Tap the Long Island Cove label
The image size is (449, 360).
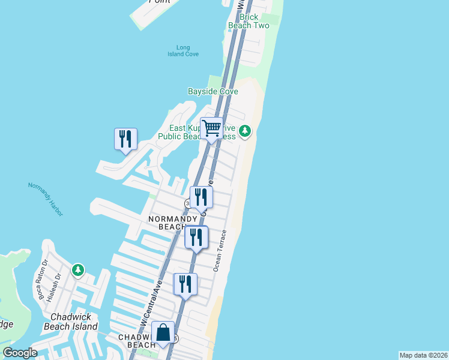pos(183,51)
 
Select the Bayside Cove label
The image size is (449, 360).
pos(213,91)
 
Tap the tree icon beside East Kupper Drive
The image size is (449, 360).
pos(245,130)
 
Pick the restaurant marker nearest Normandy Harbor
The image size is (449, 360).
pos(125,139)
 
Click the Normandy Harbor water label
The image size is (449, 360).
pos(45,199)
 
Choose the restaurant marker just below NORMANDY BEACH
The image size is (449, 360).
pos(196,238)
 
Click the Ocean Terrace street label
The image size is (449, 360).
pos(220,251)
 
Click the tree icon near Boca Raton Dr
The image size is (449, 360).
pos(78,271)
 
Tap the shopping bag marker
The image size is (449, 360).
pos(163,332)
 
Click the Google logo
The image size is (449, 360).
pos(20,353)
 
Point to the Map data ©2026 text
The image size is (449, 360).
pos(424,355)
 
